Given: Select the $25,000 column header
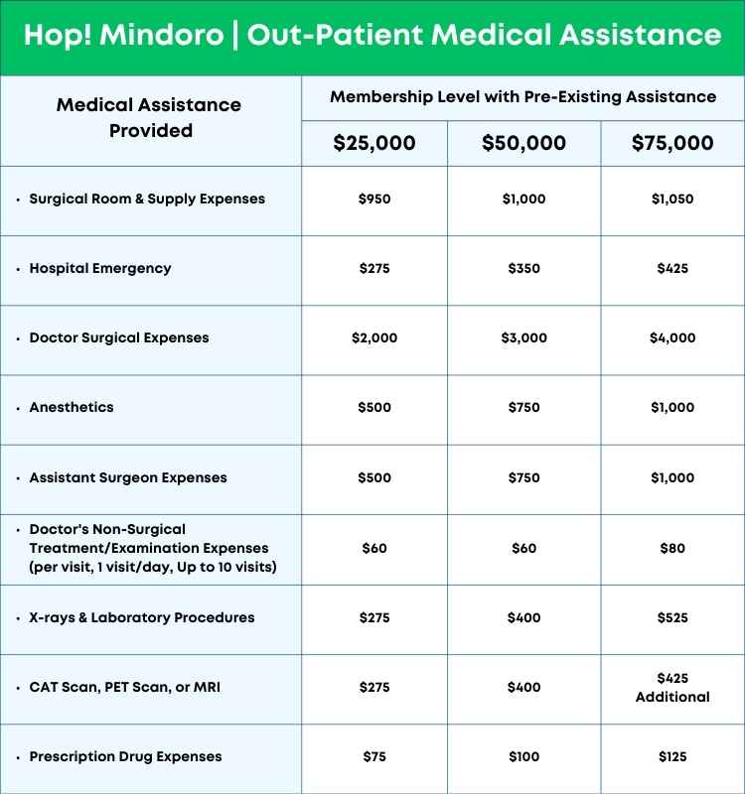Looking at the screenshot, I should coord(374,143).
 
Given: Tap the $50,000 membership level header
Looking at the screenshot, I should coord(523,143).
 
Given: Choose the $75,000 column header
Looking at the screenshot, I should coord(672,143).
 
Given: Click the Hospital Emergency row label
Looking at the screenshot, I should coord(100,268).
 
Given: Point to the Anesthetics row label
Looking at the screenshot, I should coord(72,407).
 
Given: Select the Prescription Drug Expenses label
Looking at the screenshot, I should coord(125,756).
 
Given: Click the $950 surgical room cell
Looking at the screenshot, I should coord(374,198).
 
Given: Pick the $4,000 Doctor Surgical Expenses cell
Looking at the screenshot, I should coord(672,337).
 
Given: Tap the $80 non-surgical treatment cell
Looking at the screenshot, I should coord(672,548).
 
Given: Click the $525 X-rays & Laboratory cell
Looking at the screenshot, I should coord(672,617).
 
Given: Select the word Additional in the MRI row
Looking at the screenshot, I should coord(672,697).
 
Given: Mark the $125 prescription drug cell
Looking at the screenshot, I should coord(672,756).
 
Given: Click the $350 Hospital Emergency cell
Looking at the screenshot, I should coord(523,268).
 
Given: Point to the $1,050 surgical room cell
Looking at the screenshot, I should coord(672,198).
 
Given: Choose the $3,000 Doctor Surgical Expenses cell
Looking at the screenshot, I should coord(523,337).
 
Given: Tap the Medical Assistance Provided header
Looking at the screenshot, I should coord(149,117).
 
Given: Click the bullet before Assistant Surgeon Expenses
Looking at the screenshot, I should coord(18,478).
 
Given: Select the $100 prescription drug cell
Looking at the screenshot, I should coord(523,756).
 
